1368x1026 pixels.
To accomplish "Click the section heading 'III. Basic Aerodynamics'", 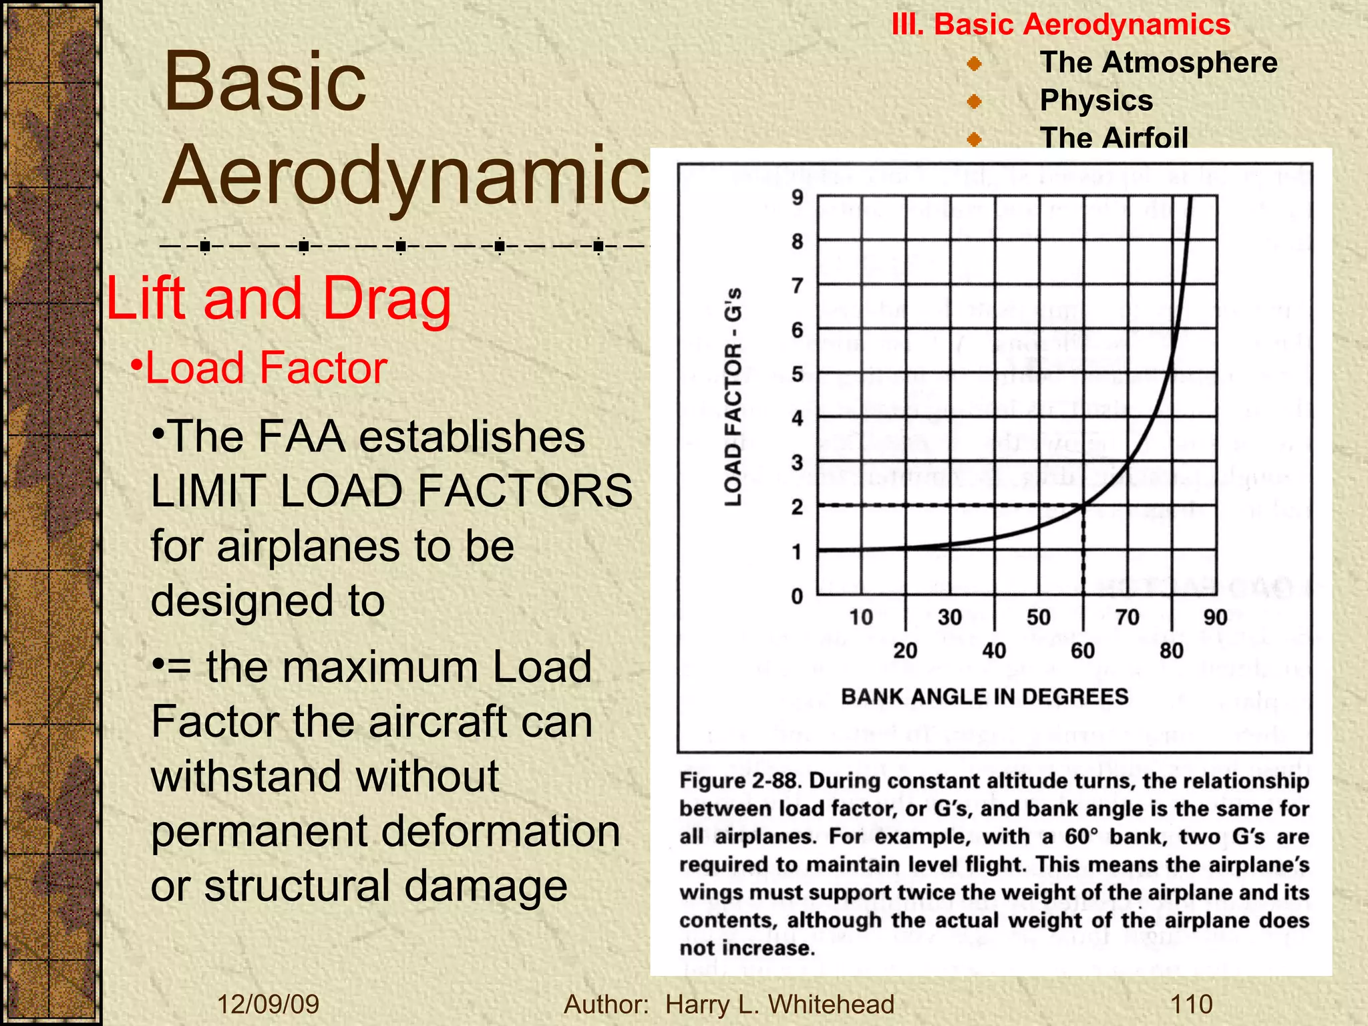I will click(x=1061, y=25).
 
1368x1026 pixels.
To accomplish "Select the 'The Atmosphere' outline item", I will click(x=1158, y=63).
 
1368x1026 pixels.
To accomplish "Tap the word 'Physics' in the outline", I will click(x=1096, y=101).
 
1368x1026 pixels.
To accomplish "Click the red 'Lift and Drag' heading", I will click(x=279, y=299).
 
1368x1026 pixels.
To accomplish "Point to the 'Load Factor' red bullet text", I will click(x=266, y=368).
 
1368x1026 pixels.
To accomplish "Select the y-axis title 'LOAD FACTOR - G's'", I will click(x=733, y=397).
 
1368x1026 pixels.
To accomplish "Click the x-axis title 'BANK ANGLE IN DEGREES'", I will click(x=985, y=697).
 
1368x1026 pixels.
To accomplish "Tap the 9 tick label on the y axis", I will click(x=798, y=198).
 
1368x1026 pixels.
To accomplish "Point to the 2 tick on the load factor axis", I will click(x=798, y=507).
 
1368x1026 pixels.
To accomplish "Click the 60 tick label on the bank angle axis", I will click(x=1083, y=651).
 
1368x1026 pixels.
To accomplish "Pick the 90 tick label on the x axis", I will click(x=1216, y=617).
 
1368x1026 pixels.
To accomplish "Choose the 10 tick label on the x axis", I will click(x=861, y=617).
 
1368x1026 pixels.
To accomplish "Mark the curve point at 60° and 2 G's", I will click(x=1083, y=505).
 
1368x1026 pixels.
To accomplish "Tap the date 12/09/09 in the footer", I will click(x=269, y=1005).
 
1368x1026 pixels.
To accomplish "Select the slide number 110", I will click(x=1192, y=1005).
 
